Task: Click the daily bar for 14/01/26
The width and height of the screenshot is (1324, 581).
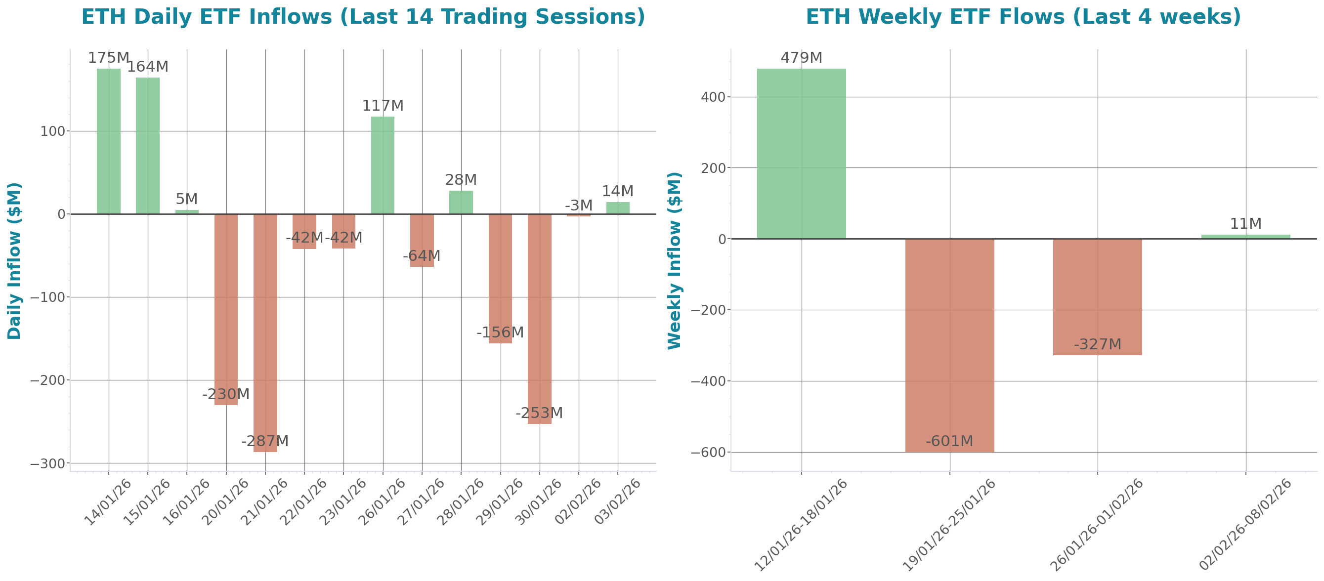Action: click(x=108, y=141)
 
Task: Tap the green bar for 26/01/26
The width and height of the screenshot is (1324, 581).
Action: click(x=383, y=165)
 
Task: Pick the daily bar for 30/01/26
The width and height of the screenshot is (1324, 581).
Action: click(x=539, y=319)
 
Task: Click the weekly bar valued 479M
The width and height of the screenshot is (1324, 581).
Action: click(x=801, y=154)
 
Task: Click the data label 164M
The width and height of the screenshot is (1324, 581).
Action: click(x=147, y=67)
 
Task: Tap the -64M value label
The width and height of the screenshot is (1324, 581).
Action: click(x=422, y=256)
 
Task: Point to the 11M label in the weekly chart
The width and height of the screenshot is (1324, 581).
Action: click(x=1245, y=224)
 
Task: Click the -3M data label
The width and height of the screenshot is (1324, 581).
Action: click(x=578, y=206)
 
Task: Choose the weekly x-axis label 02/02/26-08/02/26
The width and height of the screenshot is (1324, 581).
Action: click(x=1245, y=525)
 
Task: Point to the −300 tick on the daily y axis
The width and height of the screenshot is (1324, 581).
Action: click(x=48, y=463)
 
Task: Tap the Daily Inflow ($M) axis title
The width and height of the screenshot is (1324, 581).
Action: click(x=14, y=260)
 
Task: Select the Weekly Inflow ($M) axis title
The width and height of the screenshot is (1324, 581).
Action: click(x=674, y=260)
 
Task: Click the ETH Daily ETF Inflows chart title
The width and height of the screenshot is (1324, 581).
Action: click(x=363, y=16)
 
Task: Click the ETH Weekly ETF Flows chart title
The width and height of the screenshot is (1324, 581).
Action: click(x=1023, y=16)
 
